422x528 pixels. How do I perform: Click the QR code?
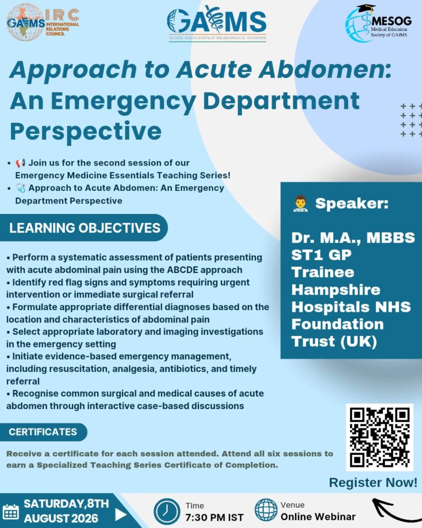coord(380,437)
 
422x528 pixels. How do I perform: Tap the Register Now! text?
coord(373,482)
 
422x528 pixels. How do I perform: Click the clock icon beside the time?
coord(167,512)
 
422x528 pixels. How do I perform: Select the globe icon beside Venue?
coord(266,510)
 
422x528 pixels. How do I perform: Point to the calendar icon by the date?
coord(10,512)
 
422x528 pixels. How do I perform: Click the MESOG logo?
coord(378,24)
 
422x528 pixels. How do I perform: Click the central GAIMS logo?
coord(217,24)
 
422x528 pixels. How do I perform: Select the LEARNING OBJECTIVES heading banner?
coord(84,228)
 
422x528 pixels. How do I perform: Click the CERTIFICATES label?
coord(43,432)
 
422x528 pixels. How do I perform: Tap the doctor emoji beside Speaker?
coord(300,204)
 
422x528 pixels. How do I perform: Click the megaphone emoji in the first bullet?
coord(20,163)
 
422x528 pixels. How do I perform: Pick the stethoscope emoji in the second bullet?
coord(20,188)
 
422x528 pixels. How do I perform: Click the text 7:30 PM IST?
coord(214,517)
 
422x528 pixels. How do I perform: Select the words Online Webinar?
coord(318,516)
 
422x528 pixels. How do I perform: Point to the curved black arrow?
coord(394,510)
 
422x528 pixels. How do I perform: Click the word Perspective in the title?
coord(86,131)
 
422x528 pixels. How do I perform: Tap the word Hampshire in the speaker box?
coord(336,290)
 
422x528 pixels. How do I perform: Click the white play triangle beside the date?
coord(121,514)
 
